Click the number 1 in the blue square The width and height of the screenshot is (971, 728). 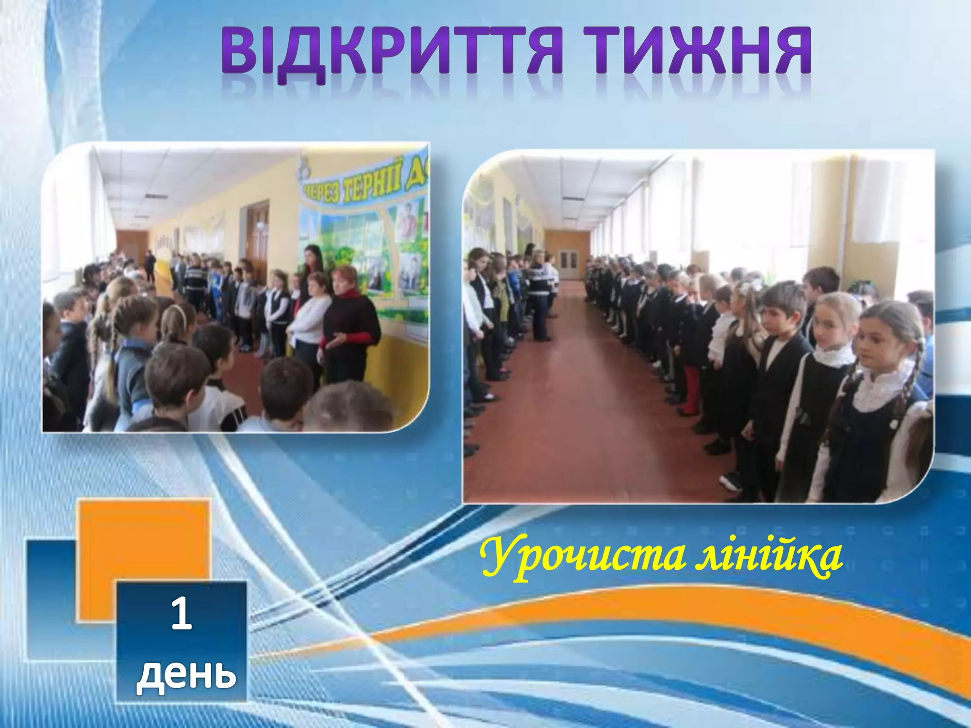coord(181,614)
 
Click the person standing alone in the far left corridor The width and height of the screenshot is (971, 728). coord(150,265)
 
